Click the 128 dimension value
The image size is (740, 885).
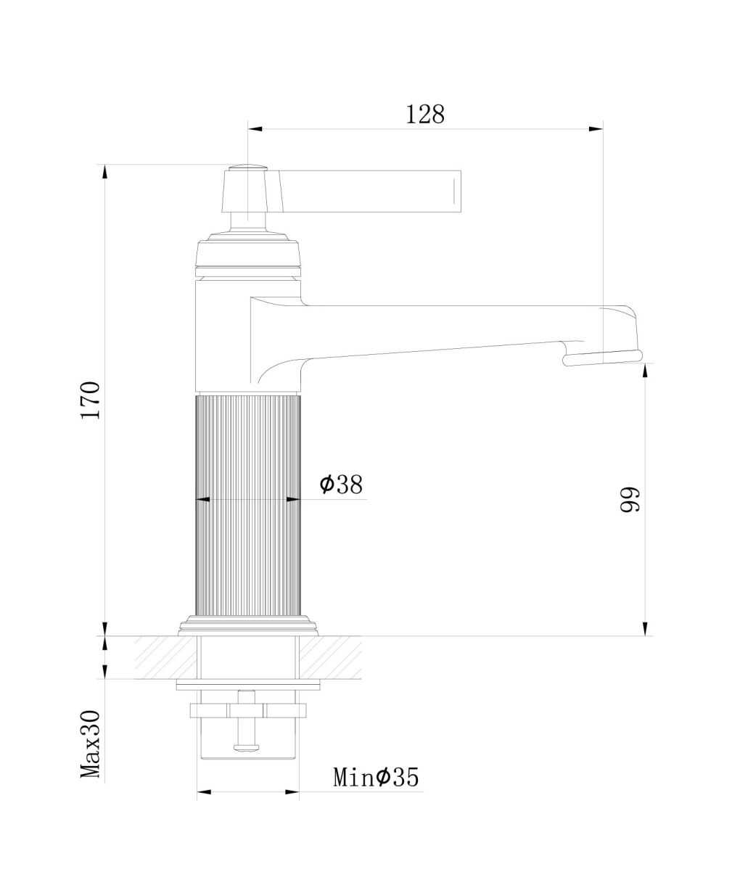pos(425,115)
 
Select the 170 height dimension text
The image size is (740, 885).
pos(91,400)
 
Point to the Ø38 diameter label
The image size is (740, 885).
pos(341,484)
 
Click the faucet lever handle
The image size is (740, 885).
pos(369,190)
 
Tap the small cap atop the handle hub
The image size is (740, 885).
pos(247,166)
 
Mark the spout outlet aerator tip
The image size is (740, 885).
pos(602,357)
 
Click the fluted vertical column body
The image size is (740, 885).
pos(247,504)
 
